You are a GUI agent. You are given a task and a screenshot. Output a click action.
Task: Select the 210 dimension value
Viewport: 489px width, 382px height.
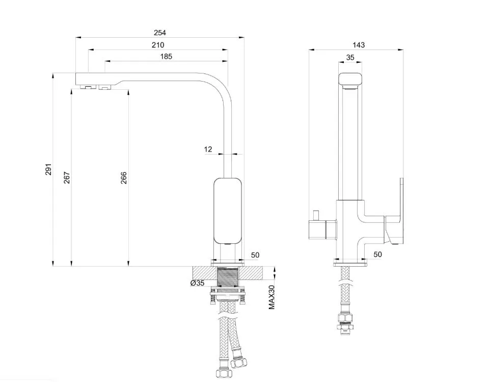click(158, 45)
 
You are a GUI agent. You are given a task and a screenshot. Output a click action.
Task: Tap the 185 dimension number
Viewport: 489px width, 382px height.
click(166, 57)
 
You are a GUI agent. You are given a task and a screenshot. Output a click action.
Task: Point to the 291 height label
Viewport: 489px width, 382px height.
click(48, 170)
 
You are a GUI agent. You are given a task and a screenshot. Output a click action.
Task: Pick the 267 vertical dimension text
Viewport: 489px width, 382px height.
click(66, 177)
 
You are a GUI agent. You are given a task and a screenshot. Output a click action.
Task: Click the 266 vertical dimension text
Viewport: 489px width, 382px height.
click(124, 177)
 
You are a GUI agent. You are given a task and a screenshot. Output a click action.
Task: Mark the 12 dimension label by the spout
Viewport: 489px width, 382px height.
click(208, 149)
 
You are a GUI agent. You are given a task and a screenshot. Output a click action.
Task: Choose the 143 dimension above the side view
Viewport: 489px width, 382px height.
click(358, 45)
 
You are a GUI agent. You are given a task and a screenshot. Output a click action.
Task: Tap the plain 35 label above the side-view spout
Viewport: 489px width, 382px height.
click(350, 58)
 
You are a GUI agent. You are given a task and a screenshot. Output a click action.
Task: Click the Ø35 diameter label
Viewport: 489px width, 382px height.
click(197, 283)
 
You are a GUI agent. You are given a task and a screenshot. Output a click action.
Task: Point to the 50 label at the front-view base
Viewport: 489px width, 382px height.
click(255, 255)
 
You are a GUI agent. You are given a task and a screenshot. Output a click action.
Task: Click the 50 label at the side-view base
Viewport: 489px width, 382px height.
click(377, 254)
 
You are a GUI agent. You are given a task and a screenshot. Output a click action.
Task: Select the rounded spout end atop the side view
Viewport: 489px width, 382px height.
click(351, 80)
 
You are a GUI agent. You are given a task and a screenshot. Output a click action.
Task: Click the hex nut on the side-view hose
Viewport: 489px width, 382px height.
click(345, 319)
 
